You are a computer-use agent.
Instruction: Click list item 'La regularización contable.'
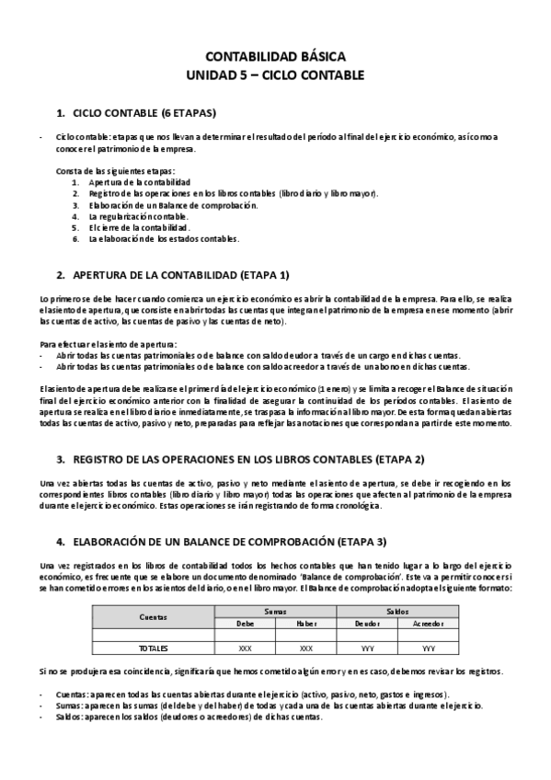[x=138, y=216]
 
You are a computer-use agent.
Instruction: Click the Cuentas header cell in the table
[x=154, y=616]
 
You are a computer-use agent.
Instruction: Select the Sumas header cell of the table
[x=275, y=611]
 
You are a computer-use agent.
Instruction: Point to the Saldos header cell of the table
[x=398, y=611]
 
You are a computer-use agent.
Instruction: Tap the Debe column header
[x=245, y=623]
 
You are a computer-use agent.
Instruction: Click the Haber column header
[x=306, y=623]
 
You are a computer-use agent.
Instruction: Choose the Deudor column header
[x=367, y=623]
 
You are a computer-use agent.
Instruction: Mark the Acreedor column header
[x=429, y=623]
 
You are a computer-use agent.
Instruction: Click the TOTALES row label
[x=154, y=648]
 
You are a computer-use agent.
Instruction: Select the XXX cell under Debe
[x=245, y=648]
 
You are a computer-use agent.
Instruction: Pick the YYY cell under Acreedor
[x=429, y=648]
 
